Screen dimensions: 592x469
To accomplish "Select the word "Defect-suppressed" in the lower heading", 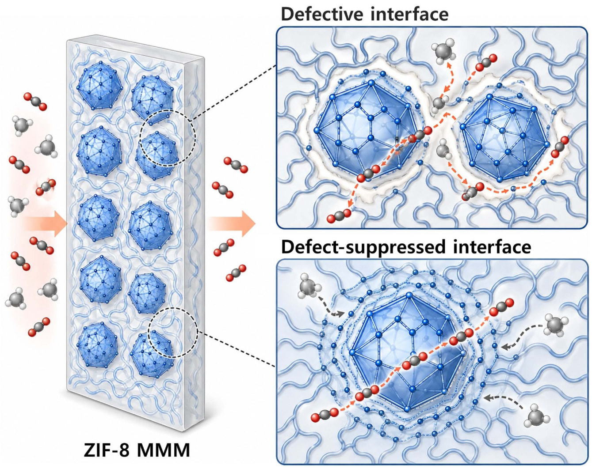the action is click(363, 248).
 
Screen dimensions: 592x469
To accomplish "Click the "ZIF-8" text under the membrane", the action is click(107, 450).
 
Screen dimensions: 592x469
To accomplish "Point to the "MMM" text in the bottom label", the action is click(163, 450).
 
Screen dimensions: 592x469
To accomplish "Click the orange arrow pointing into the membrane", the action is click(46, 224).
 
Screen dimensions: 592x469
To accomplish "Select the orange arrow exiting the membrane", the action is click(232, 224).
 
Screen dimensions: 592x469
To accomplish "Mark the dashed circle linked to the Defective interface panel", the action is click(168, 137).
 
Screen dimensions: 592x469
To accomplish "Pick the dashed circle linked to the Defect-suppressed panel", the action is click(173, 332).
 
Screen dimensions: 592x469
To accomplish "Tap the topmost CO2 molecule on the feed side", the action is click(35, 102).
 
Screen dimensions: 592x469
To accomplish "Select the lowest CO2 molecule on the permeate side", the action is click(236, 273).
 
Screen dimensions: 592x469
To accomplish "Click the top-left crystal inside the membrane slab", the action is click(99, 82).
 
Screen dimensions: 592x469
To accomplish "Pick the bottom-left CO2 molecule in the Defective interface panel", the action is click(339, 216).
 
